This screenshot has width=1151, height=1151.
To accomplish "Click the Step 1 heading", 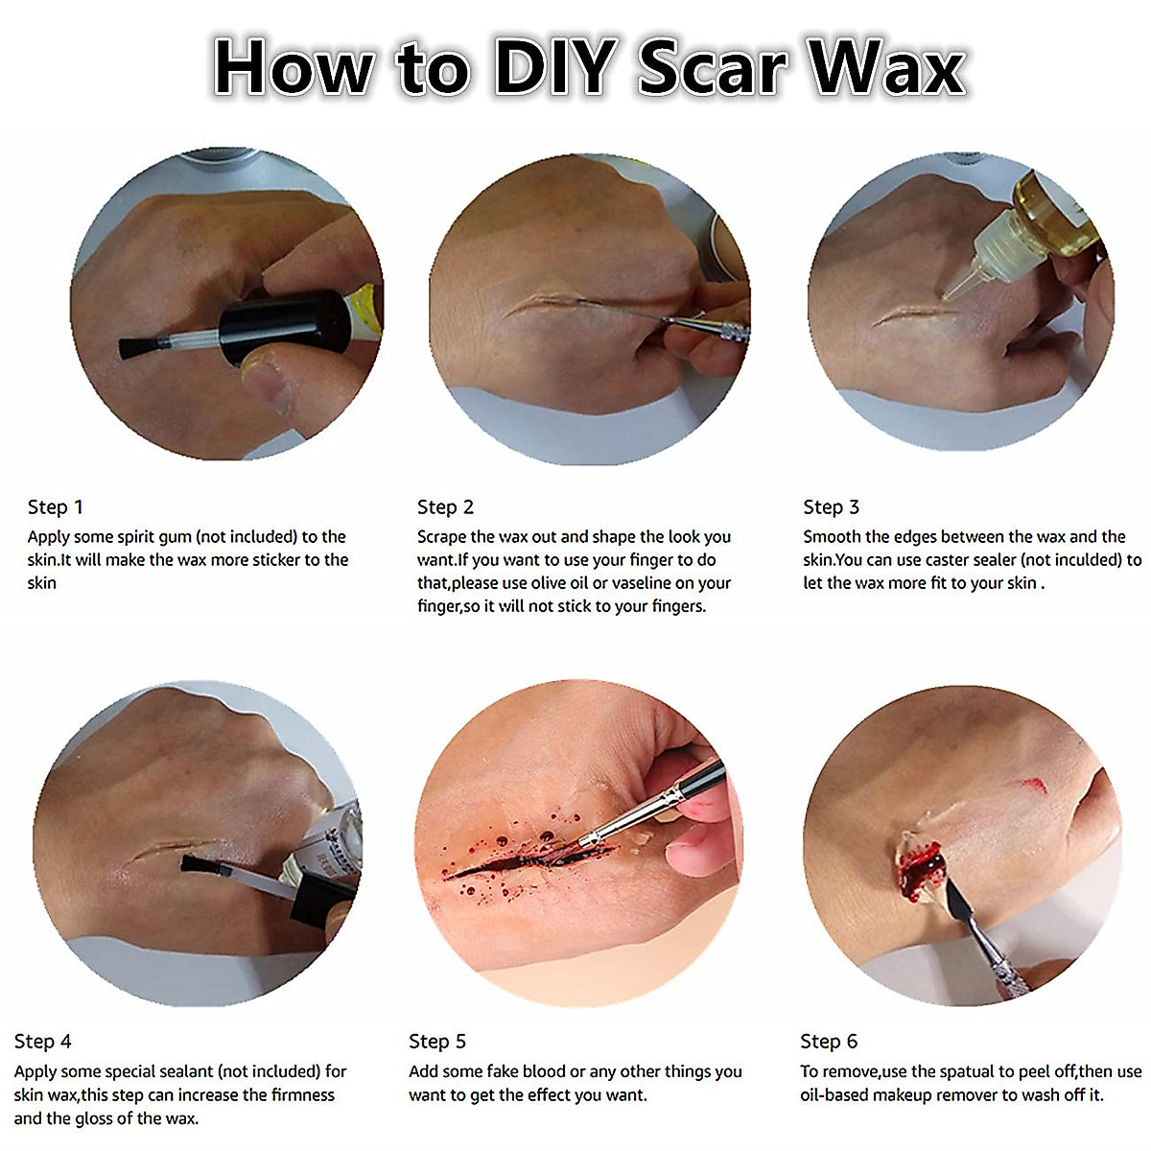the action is tap(55, 507).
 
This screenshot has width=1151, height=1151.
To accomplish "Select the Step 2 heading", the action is tap(445, 507).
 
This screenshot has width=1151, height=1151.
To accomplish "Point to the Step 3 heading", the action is tap(831, 507).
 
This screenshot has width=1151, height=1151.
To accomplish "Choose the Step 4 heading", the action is tap(42, 1041).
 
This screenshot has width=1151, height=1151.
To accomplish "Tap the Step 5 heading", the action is tap(436, 1041).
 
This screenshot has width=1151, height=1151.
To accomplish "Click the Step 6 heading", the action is tap(829, 1041).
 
